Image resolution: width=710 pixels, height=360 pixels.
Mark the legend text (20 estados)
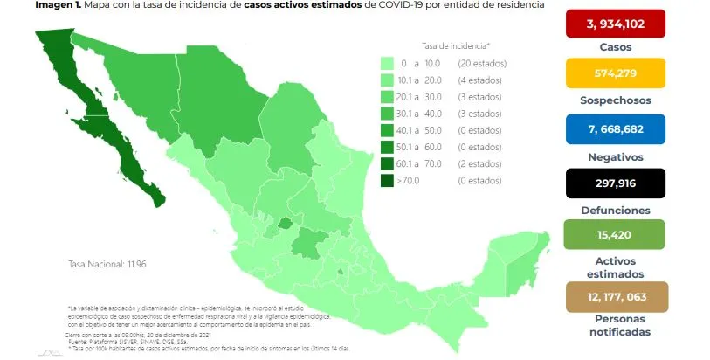pyautogui.click(x=482, y=64)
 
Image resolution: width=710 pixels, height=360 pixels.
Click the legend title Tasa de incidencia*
pyautogui.click(x=455, y=45)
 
